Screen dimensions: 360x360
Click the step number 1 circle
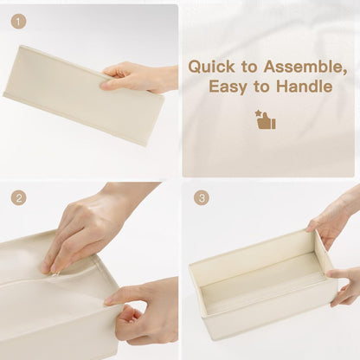click(x=18, y=22)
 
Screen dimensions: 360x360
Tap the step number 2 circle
click(x=18, y=198)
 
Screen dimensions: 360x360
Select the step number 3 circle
click(x=202, y=198)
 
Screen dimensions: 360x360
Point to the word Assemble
click(x=305, y=67)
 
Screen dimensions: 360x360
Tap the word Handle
click(x=305, y=86)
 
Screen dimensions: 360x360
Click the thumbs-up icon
click(x=267, y=122)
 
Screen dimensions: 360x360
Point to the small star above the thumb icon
click(x=258, y=112)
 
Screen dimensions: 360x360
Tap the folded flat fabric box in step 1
click(x=84, y=95)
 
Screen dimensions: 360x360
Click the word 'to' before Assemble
click(x=249, y=67)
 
